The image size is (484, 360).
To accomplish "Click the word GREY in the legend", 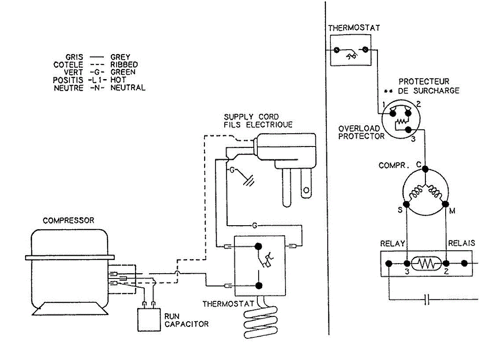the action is coord(120,57).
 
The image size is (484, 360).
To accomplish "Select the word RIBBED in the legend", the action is coord(124,65).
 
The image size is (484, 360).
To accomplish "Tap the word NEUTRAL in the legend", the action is coord(128,88).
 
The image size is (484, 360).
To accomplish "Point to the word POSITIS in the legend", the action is coord(68,80).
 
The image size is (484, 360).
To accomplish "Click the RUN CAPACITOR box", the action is coord(149,320).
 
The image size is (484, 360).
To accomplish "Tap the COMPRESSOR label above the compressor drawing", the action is coord(69,221).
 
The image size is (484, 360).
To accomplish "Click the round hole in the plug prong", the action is coord(307,190).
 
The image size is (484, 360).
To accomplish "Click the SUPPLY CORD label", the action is coord(251,117).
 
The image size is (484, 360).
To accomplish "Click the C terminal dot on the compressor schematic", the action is coord(425,169).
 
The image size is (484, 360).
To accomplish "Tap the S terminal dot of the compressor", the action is coord(406,205).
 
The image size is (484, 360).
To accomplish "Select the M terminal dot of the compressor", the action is coord(445,204).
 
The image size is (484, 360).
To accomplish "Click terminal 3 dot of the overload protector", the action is coord(408,130).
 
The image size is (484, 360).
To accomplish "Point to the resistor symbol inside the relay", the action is coord(426,264).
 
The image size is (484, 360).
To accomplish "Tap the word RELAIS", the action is coord(461,243).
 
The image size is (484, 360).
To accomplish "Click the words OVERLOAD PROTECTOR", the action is coord(361,132).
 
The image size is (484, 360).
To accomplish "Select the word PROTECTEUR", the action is coord(424,82).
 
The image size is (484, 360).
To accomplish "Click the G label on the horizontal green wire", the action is coord(255,226).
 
